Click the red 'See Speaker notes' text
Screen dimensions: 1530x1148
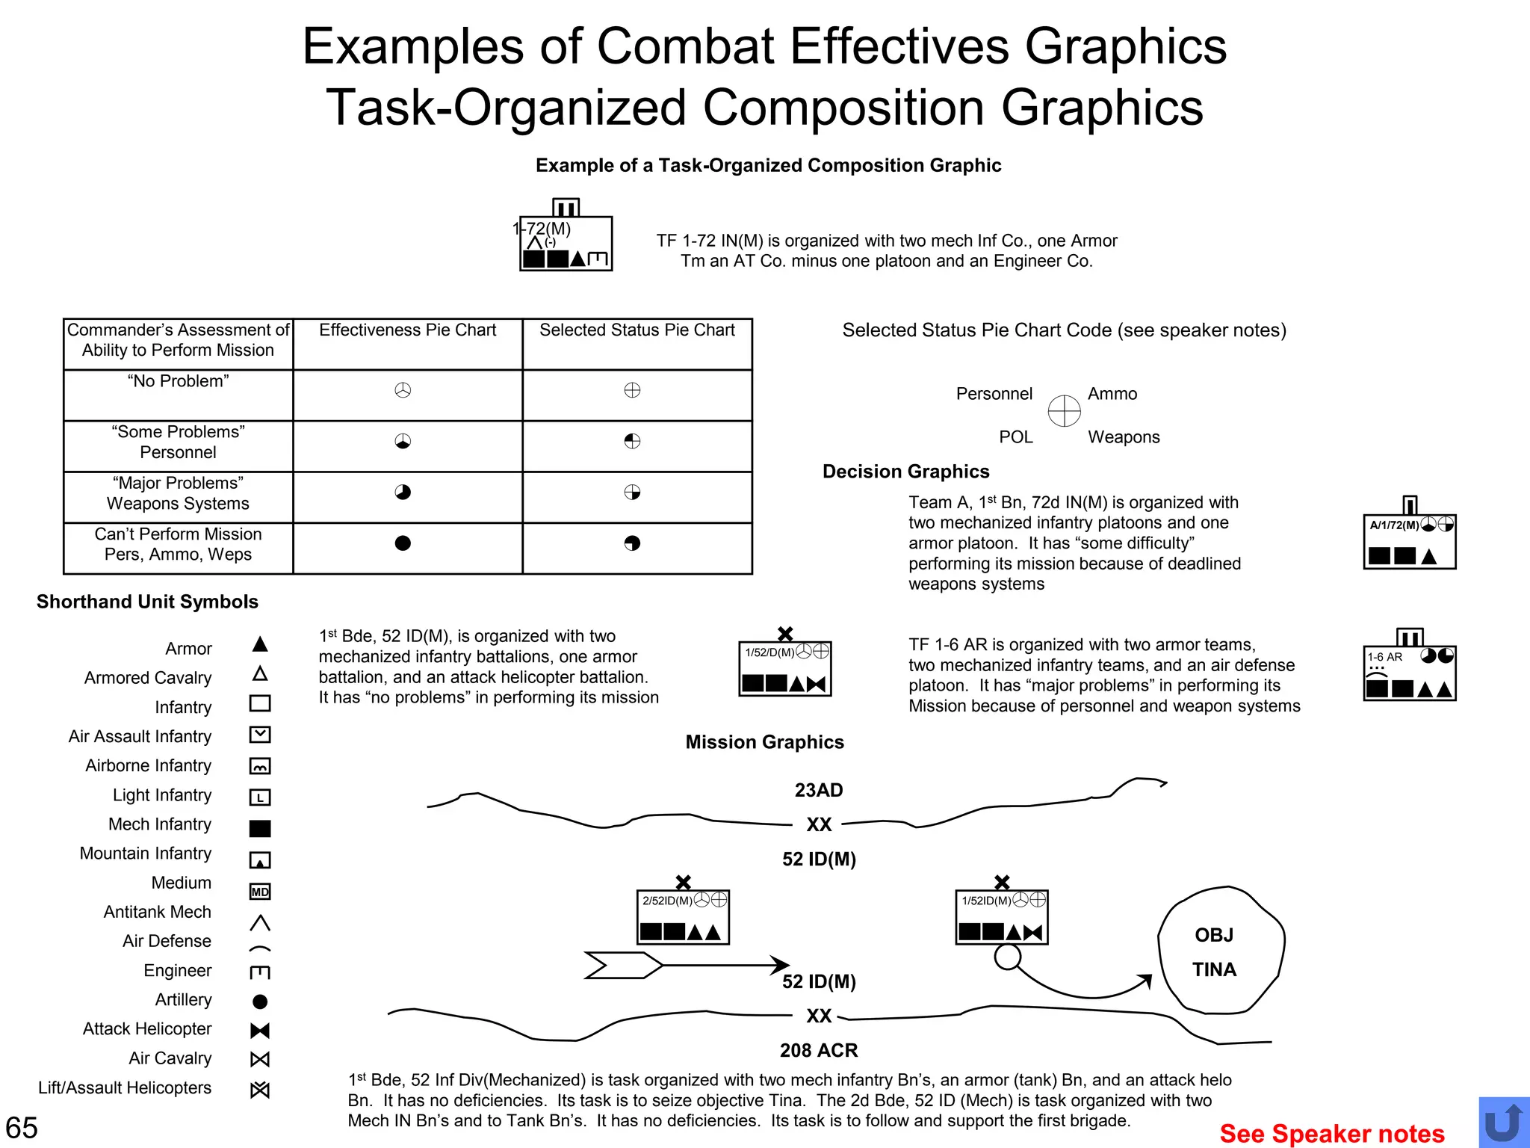tap(1332, 1133)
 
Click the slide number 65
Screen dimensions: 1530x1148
tap(22, 1128)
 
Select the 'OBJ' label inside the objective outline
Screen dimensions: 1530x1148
tap(1214, 935)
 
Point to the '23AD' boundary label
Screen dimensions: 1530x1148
tap(819, 790)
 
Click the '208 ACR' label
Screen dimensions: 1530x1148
tap(819, 1050)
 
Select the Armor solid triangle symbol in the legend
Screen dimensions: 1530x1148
tap(260, 644)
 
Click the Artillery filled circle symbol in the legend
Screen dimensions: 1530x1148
tap(260, 1002)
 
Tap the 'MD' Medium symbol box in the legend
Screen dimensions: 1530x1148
tap(260, 892)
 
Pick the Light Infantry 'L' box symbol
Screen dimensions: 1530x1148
tap(260, 797)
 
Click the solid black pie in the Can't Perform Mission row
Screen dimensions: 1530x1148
tap(403, 543)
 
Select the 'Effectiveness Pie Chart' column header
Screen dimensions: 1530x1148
tap(407, 330)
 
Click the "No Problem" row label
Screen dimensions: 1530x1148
tap(178, 381)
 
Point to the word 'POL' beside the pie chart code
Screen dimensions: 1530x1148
tap(1016, 437)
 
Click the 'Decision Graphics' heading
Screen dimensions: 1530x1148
tap(905, 472)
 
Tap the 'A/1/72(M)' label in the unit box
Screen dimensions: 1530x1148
tap(1394, 525)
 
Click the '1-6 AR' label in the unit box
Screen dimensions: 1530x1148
tap(1385, 657)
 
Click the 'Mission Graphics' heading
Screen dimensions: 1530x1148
tap(764, 742)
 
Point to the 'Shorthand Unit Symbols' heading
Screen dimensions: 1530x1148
tap(147, 602)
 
